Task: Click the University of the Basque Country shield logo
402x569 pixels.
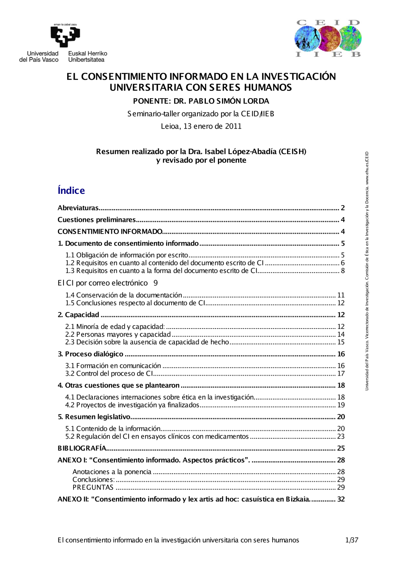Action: click(65, 36)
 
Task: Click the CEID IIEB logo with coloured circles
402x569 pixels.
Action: click(328, 39)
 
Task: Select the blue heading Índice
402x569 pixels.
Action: click(71, 191)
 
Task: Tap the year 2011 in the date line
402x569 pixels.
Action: click(233, 126)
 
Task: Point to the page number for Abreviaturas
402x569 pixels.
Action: click(343, 208)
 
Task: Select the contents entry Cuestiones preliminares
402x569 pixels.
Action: click(96, 220)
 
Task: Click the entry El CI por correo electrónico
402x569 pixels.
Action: click(103, 283)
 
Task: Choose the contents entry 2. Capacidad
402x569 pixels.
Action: click(78, 315)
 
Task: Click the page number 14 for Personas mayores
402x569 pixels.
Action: click(341, 335)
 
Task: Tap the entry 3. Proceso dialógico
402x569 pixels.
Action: click(90, 354)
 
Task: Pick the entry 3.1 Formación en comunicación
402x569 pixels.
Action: click(113, 366)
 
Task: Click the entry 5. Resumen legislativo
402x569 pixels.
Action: click(94, 417)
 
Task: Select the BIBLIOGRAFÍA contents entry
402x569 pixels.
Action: click(82, 448)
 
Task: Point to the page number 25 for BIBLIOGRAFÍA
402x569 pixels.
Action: click(341, 448)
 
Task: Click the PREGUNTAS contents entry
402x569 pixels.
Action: click(93, 487)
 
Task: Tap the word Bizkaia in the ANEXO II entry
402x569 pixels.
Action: click(297, 499)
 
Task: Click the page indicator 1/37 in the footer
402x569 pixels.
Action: click(351, 540)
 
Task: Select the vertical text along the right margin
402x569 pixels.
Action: click(367, 270)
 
